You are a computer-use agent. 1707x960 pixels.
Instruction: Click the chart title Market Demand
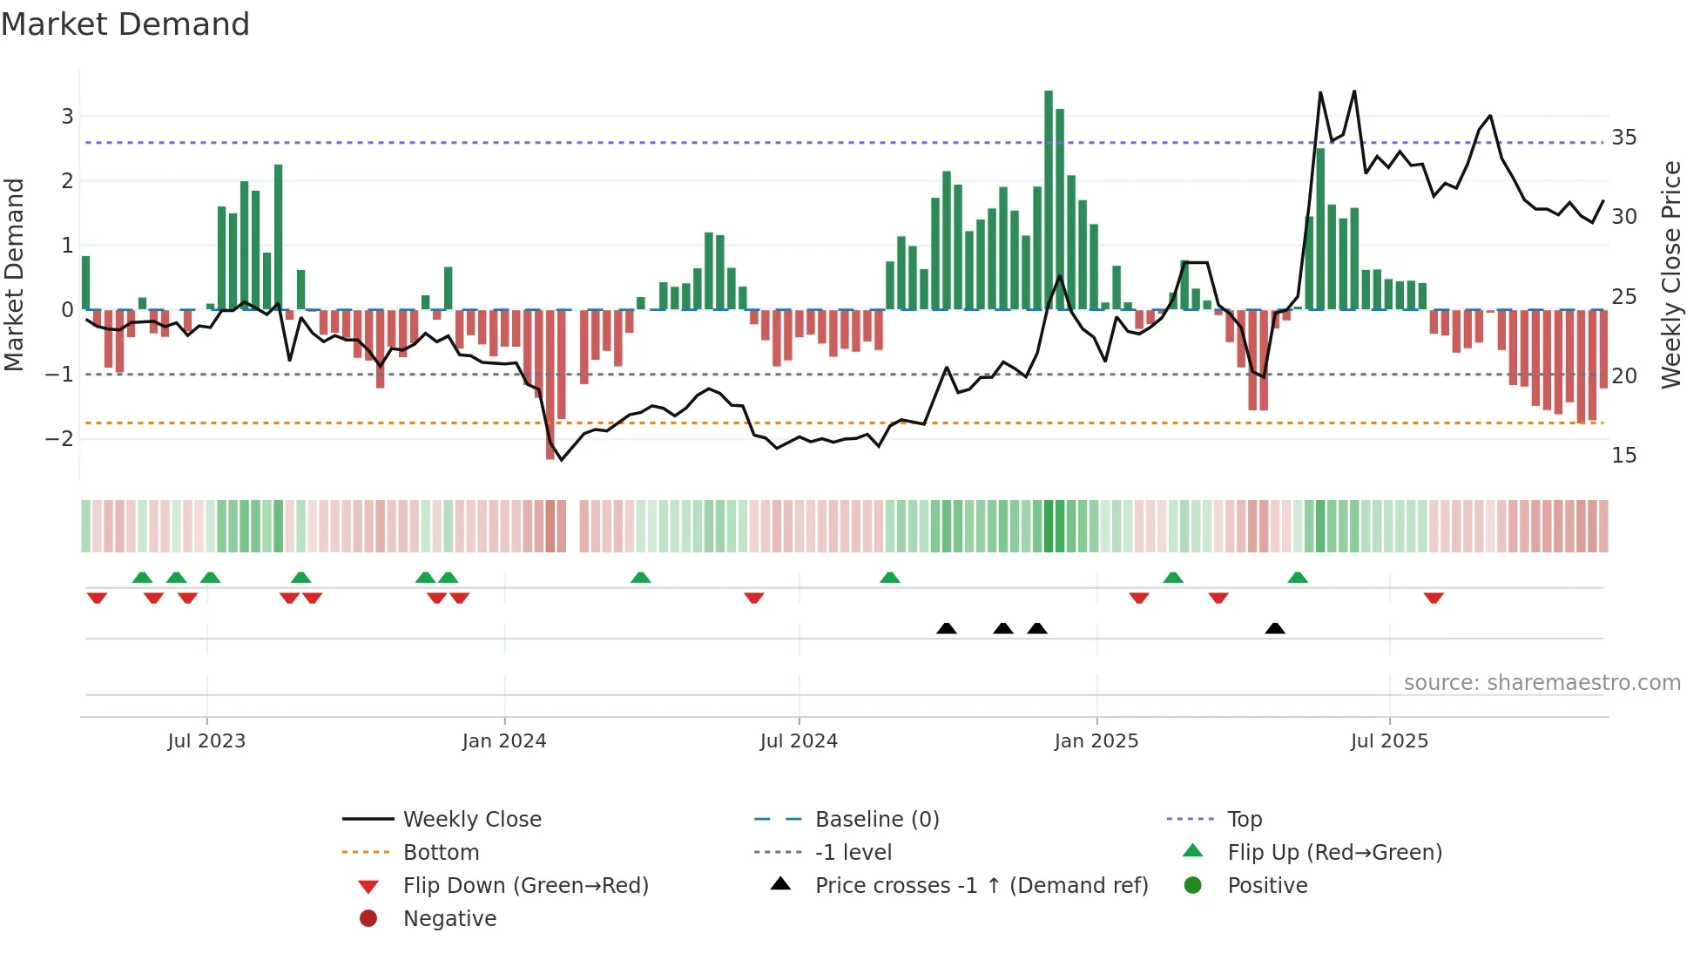125,24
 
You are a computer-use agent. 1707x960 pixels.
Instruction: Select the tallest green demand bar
1049,200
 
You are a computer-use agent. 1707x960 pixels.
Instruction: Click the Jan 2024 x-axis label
504,741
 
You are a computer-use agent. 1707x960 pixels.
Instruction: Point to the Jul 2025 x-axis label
1389,741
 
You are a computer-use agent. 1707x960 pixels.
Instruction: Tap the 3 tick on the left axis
67,116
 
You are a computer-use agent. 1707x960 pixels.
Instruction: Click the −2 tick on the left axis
60,438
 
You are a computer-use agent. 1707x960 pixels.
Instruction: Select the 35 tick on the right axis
1623,138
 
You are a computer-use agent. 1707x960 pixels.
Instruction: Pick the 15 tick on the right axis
1623,456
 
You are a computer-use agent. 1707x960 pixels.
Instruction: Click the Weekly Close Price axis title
1670,274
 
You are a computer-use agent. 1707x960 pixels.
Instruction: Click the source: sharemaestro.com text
1542,683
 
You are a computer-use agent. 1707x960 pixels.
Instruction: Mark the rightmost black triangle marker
1275,628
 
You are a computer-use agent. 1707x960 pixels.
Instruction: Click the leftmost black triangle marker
947,628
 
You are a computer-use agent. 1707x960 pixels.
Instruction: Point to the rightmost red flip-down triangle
1434,598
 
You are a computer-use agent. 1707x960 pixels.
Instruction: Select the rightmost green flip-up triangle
1298,578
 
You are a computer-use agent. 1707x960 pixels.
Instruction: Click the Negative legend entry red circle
368,919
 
